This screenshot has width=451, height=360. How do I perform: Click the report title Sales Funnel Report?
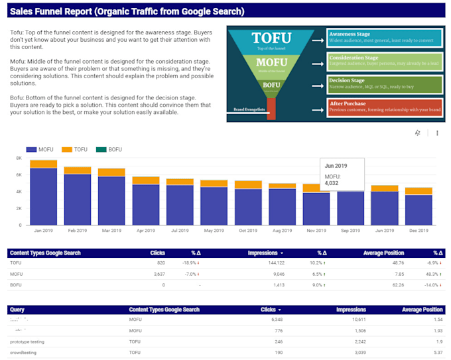pyautogui.click(x=127, y=11)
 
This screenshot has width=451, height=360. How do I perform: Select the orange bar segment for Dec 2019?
pyautogui.click(x=419, y=191)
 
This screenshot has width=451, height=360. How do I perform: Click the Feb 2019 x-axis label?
pyautogui.click(x=78, y=231)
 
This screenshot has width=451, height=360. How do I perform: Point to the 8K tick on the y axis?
pyautogui.click(x=19, y=159)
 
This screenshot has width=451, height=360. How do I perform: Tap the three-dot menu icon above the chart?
pyautogui.click(x=437, y=133)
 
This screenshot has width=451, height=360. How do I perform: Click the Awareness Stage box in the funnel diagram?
pyautogui.click(x=385, y=38)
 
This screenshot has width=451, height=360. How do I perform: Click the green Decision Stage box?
pyautogui.click(x=385, y=84)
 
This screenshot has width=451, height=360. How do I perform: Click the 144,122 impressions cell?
pyautogui.click(x=270, y=263)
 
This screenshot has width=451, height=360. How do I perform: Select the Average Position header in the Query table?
pyautogui.click(x=422, y=310)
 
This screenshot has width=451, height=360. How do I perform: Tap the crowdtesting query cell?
pyautogui.click(x=24, y=352)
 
